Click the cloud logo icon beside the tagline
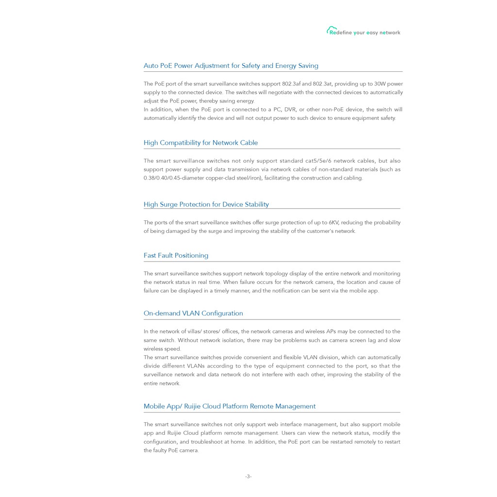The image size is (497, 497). (x=331, y=30)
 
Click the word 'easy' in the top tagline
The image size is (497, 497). (x=372, y=33)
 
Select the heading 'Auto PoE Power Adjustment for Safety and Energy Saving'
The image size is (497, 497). (x=231, y=66)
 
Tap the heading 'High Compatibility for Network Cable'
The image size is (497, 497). (x=200, y=143)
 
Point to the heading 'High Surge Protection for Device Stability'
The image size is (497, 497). (x=206, y=204)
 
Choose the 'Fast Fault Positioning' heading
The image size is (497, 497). (x=176, y=255)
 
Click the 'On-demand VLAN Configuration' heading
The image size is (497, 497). (x=193, y=313)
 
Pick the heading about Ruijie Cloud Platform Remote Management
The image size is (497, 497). (x=229, y=406)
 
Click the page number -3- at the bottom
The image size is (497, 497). (x=248, y=477)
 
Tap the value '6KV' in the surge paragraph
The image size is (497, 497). (x=333, y=223)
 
